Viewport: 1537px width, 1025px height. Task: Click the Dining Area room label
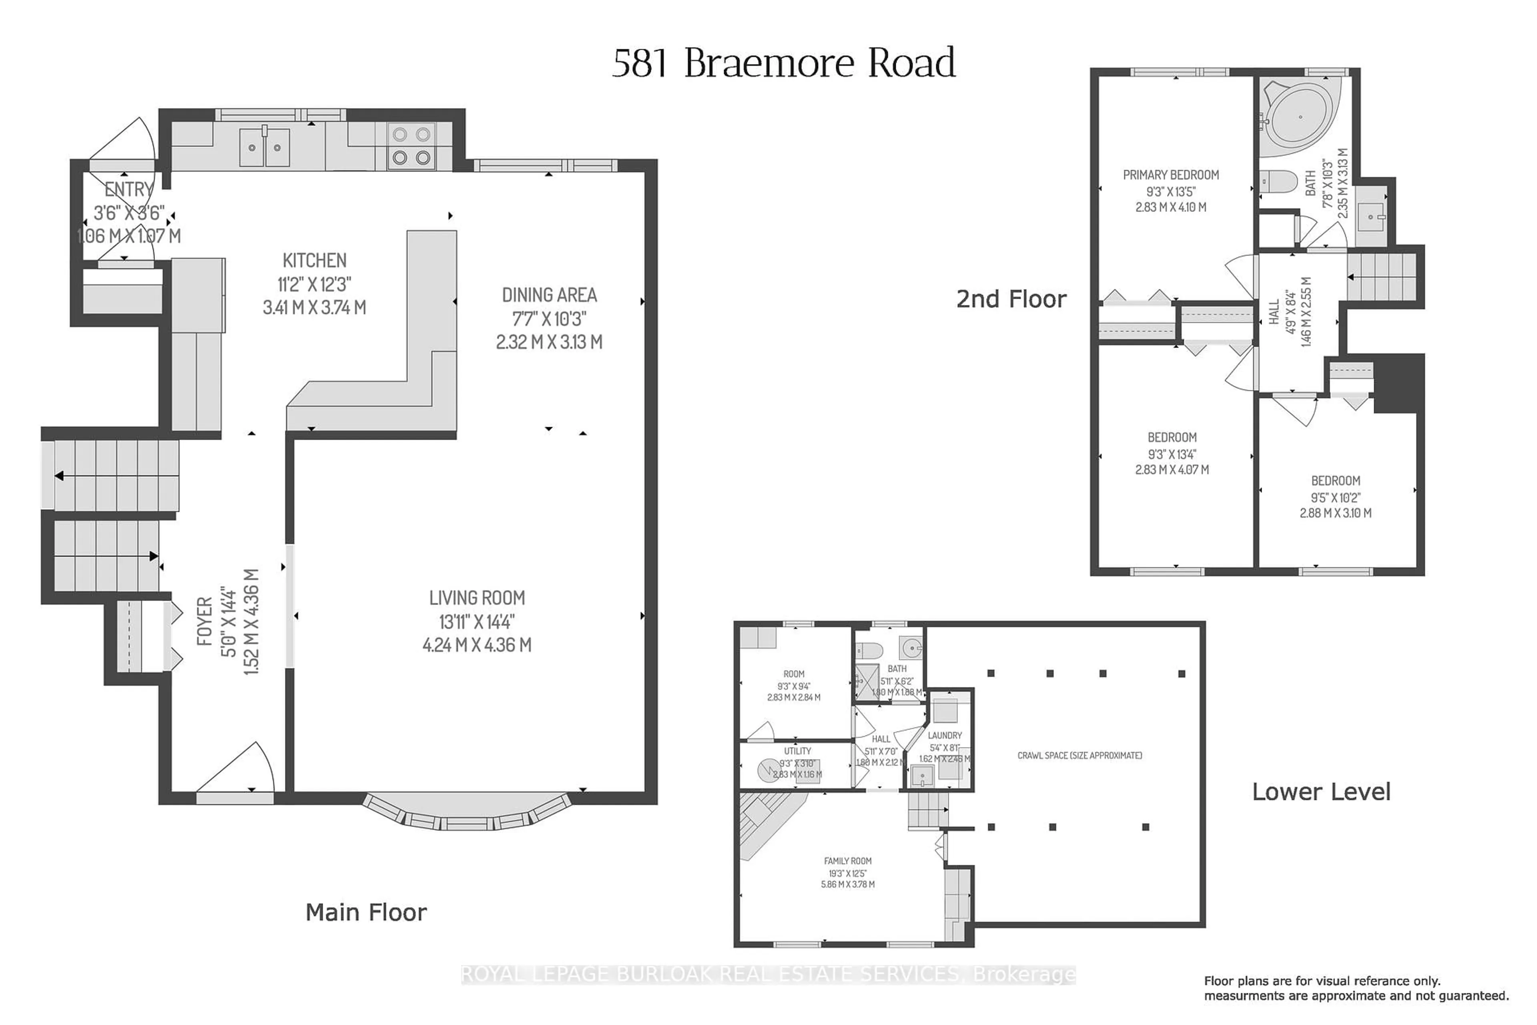[549, 295]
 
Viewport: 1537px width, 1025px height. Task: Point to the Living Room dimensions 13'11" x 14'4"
[476, 622]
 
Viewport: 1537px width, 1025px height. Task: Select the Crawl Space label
[1080, 756]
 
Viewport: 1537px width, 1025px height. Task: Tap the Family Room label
[848, 861]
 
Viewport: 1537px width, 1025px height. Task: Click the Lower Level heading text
[1321, 792]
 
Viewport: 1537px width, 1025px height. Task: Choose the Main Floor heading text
[366, 912]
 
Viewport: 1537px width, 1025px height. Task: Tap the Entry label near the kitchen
[129, 189]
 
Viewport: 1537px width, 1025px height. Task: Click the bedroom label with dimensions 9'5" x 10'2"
[1335, 480]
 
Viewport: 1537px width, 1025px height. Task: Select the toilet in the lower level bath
[870, 650]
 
